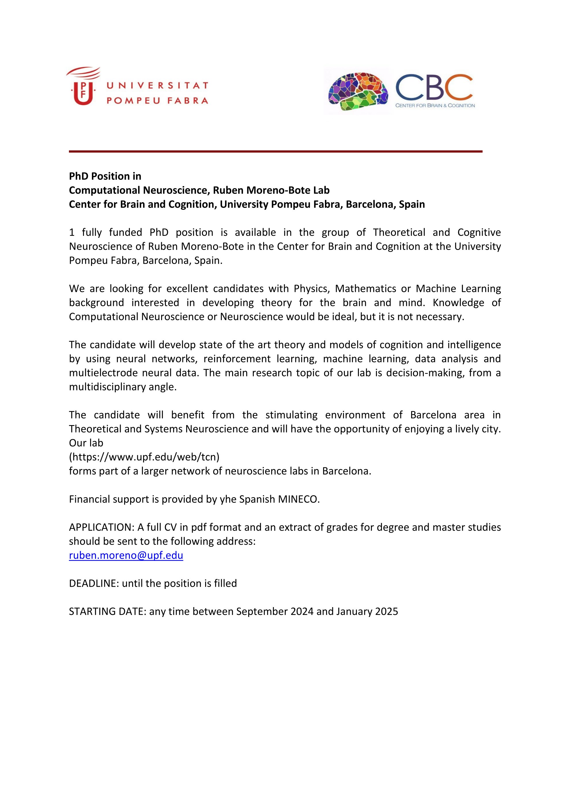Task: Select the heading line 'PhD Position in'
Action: point(105,176)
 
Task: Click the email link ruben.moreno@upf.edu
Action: point(126,555)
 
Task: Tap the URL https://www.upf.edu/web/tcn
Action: point(144,457)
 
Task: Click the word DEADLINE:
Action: point(94,584)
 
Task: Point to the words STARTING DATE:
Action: point(107,611)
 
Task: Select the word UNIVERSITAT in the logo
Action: point(157,85)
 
